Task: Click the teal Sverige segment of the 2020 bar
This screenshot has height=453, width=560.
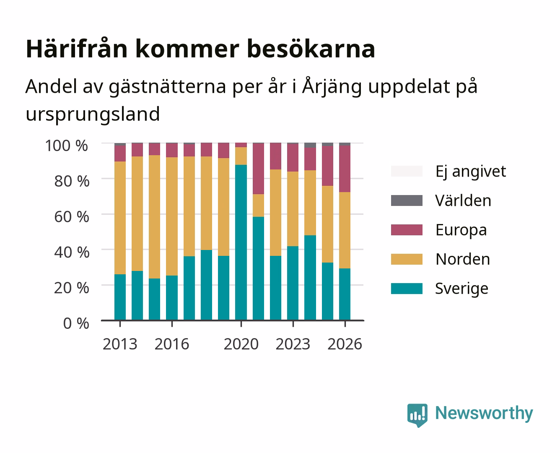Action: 241,242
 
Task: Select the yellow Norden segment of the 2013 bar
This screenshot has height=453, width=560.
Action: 120,218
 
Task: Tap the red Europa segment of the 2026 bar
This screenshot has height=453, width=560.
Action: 345,169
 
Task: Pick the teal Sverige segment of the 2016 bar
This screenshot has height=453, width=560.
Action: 172,298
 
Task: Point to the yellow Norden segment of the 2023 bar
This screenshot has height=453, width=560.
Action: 293,209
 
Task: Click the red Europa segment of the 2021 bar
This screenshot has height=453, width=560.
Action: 259,169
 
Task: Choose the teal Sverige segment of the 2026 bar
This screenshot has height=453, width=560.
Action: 345,294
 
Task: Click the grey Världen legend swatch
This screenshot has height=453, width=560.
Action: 407,200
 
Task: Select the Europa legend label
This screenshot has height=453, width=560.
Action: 461,230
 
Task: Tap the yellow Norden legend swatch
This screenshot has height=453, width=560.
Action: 407,259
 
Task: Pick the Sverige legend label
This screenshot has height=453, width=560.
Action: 461,289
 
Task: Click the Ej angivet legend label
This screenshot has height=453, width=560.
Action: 471,172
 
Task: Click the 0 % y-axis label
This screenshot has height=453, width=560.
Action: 76,323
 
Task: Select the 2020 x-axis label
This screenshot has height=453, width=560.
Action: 241,344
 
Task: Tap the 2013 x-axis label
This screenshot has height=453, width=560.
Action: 120,344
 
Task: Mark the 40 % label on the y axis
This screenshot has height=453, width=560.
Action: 72,252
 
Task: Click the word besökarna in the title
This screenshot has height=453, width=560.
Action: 311,49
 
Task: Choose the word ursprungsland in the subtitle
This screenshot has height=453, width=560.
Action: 93,114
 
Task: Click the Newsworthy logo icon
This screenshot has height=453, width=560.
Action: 417,415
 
